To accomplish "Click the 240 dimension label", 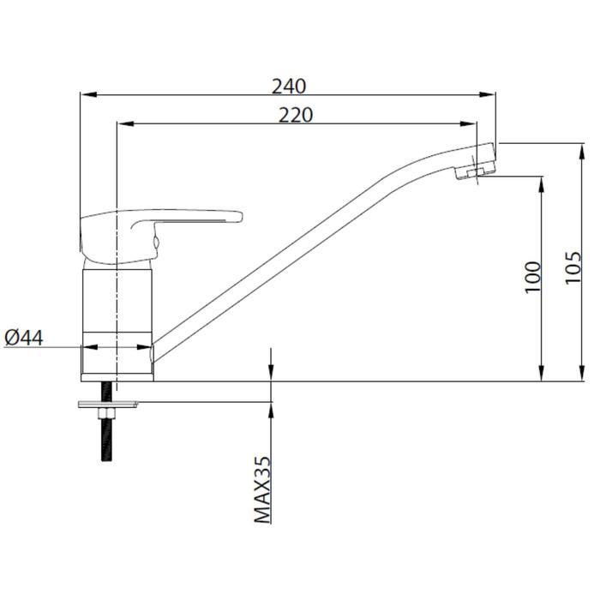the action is [289, 86].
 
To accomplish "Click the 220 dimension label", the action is [296, 115].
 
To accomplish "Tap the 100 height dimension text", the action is [533, 278].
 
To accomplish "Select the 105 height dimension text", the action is [573, 267].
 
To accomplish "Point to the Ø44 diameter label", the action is [24, 338].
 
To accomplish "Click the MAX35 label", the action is [262, 490].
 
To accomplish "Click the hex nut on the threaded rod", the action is [107, 413].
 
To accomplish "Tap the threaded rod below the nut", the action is [107, 440].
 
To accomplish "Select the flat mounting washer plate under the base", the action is [108, 405].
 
